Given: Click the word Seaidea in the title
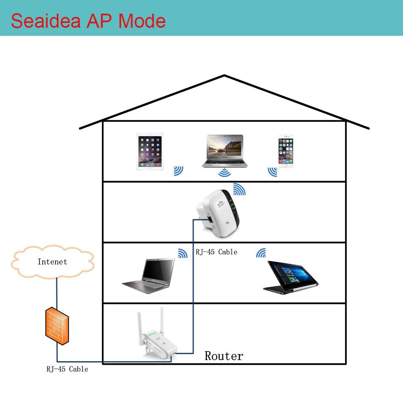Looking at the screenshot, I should click(x=45, y=21).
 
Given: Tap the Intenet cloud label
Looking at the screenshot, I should click(x=52, y=262).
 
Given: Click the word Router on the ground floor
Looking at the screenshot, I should click(x=224, y=356).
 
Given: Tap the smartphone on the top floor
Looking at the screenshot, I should click(x=285, y=151).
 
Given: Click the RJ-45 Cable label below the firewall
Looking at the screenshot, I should click(x=67, y=369).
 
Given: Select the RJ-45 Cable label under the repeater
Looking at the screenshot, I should click(x=217, y=252).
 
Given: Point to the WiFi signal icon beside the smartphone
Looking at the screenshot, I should click(x=273, y=172).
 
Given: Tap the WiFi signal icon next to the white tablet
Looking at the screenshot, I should click(x=178, y=171).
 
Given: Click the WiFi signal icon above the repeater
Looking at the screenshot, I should click(x=239, y=190).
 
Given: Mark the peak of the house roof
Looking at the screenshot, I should click(x=224, y=76).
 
